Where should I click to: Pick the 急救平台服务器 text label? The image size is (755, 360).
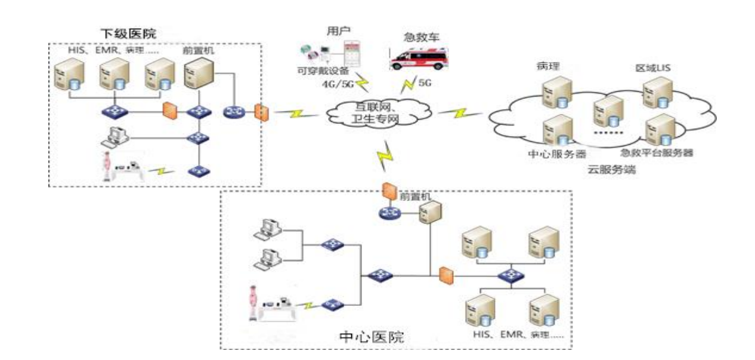point(655,153)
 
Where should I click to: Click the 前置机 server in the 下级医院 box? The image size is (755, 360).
point(197,76)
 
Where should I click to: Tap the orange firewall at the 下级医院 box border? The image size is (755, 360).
point(260,112)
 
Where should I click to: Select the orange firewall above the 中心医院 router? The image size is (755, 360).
point(389,190)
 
